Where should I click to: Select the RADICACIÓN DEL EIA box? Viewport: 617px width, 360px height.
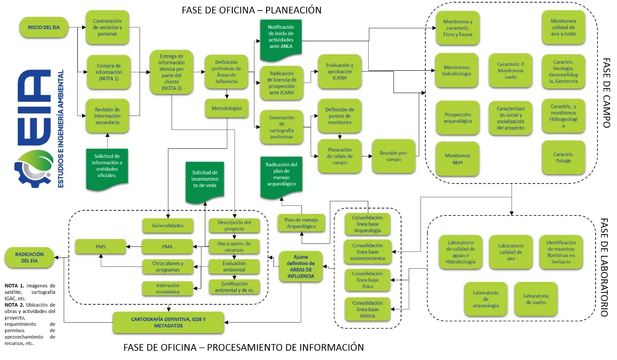29,257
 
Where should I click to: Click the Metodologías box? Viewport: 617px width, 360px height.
227,108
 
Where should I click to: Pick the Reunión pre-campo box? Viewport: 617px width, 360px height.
393,156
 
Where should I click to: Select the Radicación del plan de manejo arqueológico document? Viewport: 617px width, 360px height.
281,176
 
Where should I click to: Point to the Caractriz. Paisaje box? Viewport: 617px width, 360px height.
563,157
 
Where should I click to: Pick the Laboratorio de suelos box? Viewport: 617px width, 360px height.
535,299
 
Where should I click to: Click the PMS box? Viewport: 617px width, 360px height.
100,247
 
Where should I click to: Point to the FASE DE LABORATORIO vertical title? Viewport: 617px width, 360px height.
604,267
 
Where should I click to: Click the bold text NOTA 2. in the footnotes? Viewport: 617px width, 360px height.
13,304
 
